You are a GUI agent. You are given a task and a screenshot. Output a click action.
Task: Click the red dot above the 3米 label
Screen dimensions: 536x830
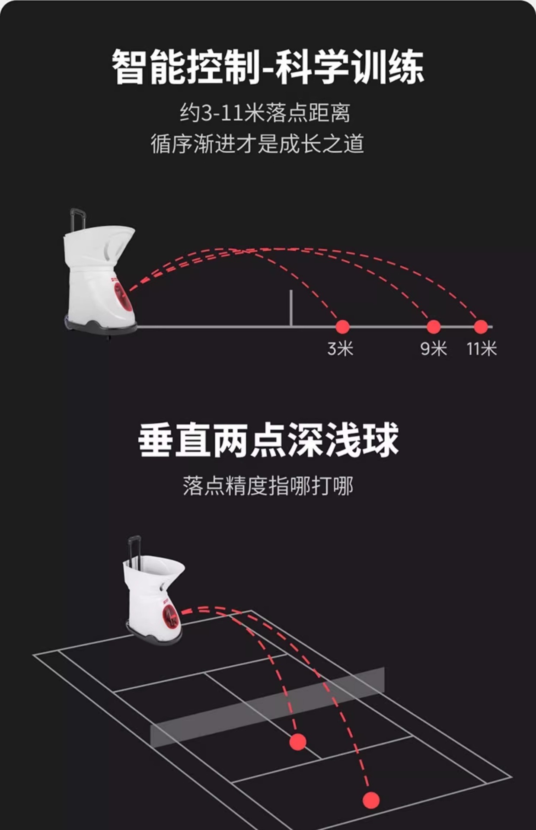pyautogui.click(x=342, y=327)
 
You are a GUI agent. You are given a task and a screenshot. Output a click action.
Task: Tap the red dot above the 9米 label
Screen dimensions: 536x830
pyautogui.click(x=434, y=327)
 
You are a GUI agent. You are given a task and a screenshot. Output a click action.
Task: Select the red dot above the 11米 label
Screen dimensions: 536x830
pyautogui.click(x=481, y=327)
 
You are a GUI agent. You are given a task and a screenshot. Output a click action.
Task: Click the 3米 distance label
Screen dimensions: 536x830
pyautogui.click(x=340, y=348)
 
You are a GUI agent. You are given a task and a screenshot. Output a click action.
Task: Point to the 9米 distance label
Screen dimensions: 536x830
pyautogui.click(x=434, y=348)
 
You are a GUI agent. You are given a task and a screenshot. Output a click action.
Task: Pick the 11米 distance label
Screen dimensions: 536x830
pyautogui.click(x=482, y=348)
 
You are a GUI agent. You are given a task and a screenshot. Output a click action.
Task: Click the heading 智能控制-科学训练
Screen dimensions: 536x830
pyautogui.click(x=268, y=67)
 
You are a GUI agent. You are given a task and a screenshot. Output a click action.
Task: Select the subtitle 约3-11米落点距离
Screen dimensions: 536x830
pyautogui.click(x=265, y=113)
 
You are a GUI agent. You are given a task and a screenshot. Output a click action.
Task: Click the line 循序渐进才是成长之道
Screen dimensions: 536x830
pyautogui.click(x=258, y=144)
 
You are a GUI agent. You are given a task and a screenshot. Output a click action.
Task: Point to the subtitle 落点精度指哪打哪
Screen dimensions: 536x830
pyautogui.click(x=268, y=486)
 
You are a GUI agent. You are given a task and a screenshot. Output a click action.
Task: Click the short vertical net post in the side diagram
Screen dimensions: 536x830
pyautogui.click(x=291, y=308)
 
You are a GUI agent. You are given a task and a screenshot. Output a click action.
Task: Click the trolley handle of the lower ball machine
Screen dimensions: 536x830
pyautogui.click(x=134, y=549)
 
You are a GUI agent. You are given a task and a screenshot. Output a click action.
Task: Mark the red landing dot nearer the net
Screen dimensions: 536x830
pyautogui.click(x=298, y=742)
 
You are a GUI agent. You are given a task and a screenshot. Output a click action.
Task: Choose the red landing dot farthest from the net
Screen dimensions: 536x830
pyautogui.click(x=371, y=800)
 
